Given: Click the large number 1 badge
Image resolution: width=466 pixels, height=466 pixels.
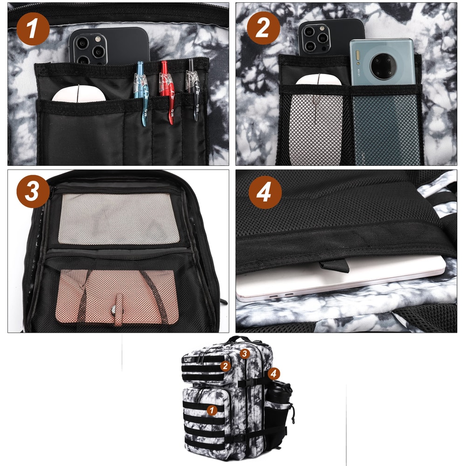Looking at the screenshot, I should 33,29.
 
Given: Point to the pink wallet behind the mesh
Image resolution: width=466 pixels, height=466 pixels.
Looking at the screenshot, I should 116,296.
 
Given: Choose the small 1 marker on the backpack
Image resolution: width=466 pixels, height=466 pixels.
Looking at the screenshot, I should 212,410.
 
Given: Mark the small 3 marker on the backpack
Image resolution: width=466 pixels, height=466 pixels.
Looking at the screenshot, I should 245,353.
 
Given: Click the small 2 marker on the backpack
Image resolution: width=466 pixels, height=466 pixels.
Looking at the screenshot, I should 226,366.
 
